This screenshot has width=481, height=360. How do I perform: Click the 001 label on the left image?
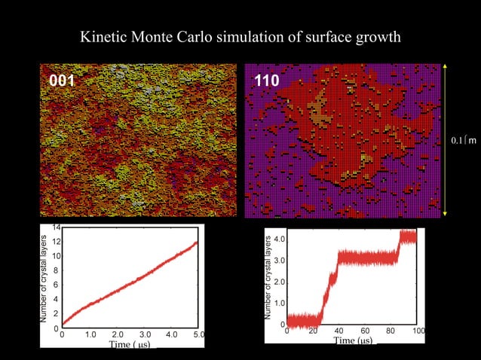[x=62, y=81]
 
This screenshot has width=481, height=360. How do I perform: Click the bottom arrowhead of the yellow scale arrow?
[x=445, y=214]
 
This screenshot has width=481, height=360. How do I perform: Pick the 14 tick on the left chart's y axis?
[x=56, y=227]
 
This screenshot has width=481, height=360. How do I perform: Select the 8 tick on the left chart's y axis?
[x=57, y=270]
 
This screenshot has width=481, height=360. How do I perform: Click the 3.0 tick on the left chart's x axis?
[x=145, y=334]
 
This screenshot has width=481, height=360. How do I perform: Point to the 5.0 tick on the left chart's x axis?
[x=200, y=334]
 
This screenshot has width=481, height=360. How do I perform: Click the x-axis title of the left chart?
[x=130, y=344]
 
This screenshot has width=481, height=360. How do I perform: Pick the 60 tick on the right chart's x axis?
[x=365, y=331]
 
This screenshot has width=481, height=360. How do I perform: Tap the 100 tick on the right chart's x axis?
[x=419, y=331]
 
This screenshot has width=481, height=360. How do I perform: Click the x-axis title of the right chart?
[x=353, y=340]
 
